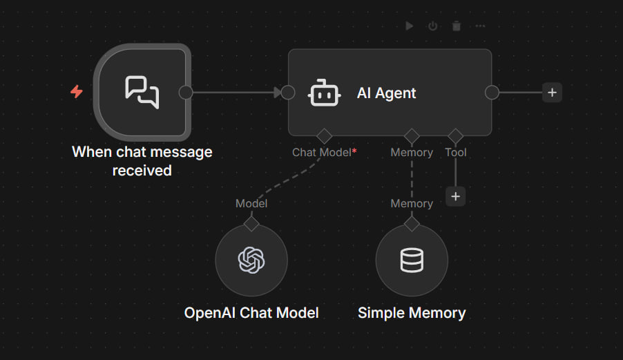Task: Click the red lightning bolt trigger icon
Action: point(77,91)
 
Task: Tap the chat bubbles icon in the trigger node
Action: point(142,92)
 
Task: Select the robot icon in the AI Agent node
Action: point(324,93)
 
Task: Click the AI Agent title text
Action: point(386,93)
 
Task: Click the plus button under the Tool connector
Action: point(455,196)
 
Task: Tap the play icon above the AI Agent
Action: point(410,26)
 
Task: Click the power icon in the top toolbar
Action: point(432,26)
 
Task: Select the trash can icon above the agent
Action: point(457,26)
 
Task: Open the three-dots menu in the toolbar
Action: point(480,26)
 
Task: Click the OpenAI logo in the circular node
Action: point(251,260)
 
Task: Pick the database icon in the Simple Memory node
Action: point(412,260)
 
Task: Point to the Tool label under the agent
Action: point(456,152)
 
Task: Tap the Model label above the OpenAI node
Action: point(251,203)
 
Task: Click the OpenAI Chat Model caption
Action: point(251,313)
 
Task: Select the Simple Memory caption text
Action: point(412,313)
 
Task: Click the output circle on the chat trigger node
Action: point(186,93)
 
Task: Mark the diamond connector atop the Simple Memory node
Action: point(412,224)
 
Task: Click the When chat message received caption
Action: point(142,161)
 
